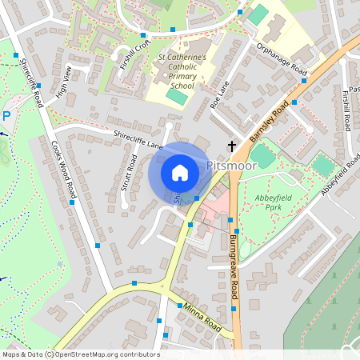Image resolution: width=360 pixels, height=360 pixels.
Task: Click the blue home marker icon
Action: click(x=179, y=172)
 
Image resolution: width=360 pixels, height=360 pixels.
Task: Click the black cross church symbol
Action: click(x=233, y=146)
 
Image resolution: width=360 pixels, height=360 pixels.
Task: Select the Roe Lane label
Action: click(x=218, y=98)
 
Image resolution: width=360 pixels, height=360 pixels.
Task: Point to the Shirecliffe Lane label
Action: click(x=138, y=141)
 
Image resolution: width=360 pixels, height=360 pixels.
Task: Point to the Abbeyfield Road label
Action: click(x=339, y=176)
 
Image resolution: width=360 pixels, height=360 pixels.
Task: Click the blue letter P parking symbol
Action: click(x=6, y=116)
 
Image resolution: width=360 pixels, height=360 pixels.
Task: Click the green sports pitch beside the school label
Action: click(x=176, y=97)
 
